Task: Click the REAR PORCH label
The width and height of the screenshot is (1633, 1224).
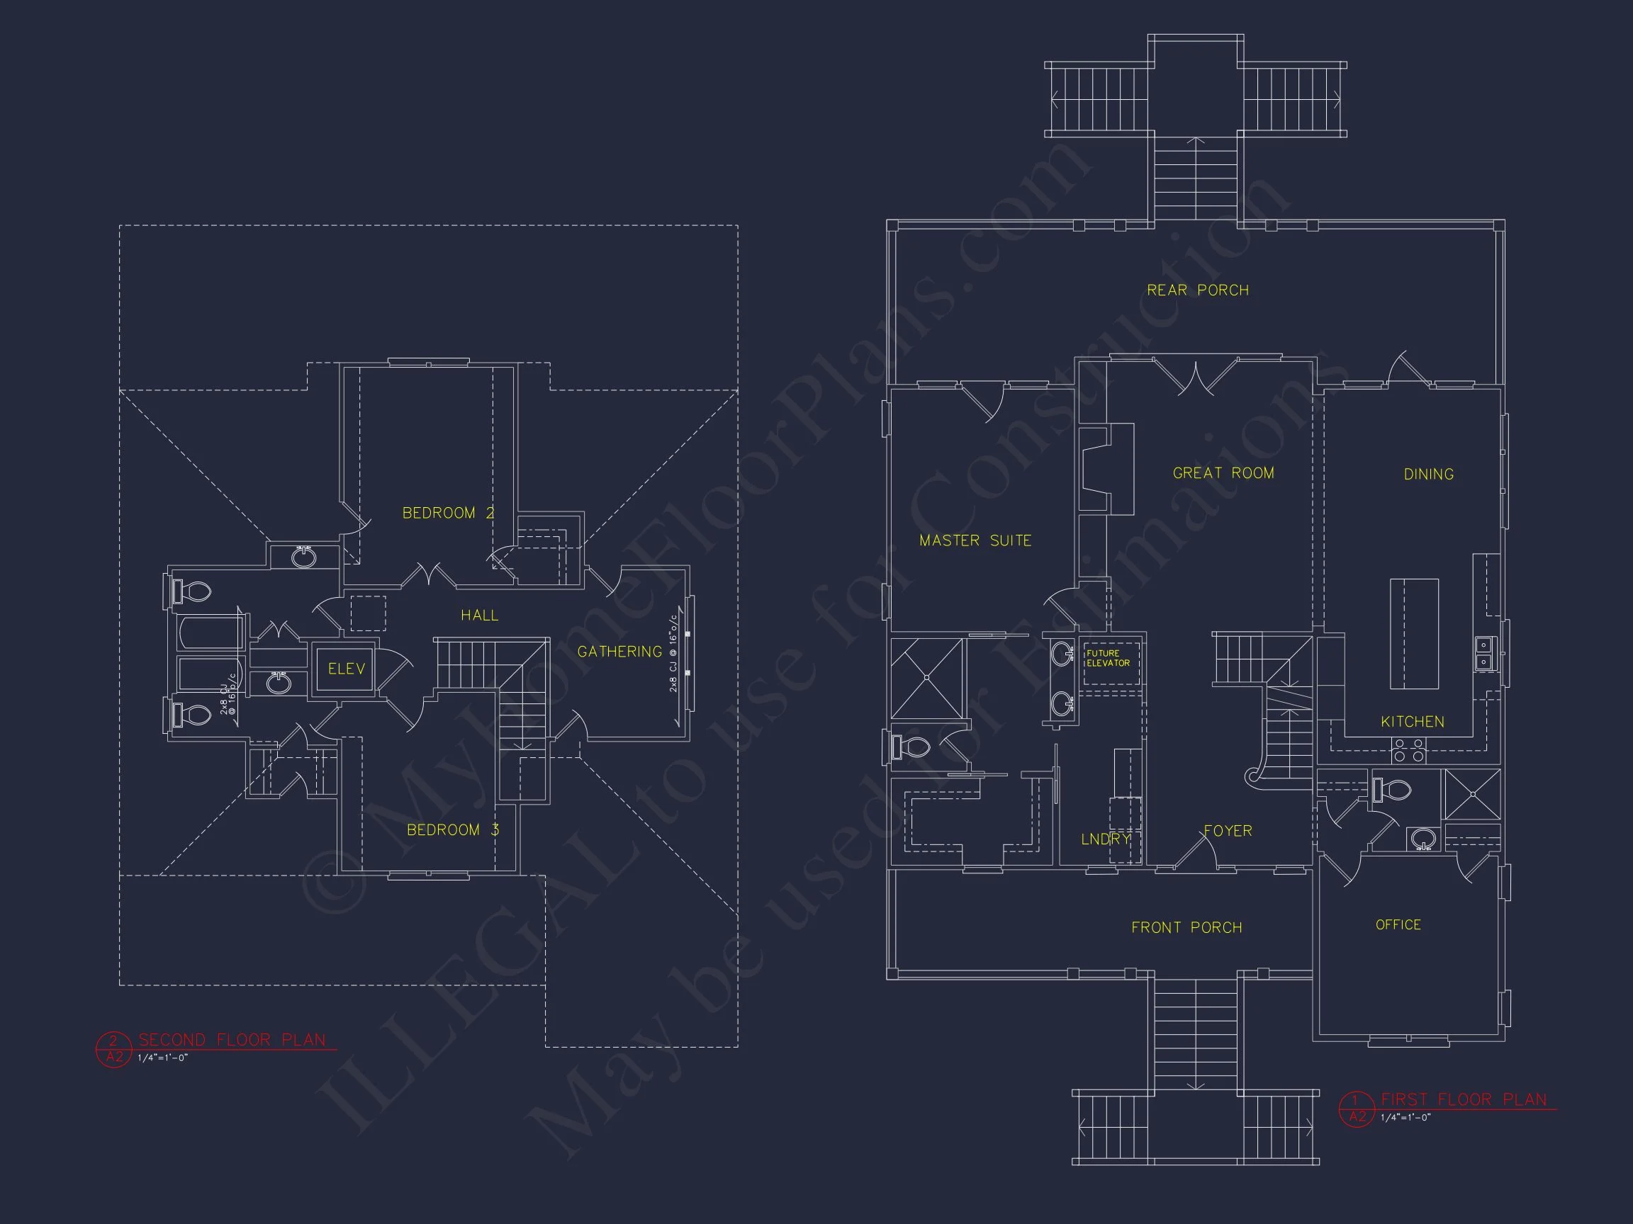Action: click(x=1197, y=290)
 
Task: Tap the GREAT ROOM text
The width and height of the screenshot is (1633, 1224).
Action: click(x=1223, y=473)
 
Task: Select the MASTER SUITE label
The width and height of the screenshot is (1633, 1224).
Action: click(x=975, y=540)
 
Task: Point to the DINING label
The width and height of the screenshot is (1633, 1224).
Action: click(x=1428, y=475)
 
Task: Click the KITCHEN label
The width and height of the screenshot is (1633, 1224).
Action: click(x=1413, y=722)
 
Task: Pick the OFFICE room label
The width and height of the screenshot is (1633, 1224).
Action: click(x=1398, y=924)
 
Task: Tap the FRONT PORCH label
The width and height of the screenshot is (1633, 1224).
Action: click(x=1186, y=927)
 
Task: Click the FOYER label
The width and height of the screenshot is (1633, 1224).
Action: click(x=1228, y=831)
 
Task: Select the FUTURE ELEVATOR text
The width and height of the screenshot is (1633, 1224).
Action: click(x=1107, y=658)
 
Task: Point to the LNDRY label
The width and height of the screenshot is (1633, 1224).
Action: click(x=1105, y=839)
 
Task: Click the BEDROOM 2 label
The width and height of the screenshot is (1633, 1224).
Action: click(x=448, y=513)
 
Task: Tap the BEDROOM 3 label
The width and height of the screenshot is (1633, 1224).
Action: click(x=452, y=830)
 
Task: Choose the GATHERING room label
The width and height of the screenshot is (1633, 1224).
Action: click(x=619, y=652)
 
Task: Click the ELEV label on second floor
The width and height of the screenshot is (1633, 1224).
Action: click(x=347, y=669)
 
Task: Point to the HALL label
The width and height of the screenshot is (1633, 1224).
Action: click(x=479, y=616)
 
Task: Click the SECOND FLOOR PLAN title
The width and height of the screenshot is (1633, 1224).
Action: click(x=232, y=1041)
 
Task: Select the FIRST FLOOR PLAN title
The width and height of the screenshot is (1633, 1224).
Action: click(x=1463, y=1100)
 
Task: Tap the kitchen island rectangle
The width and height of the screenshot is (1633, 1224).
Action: click(x=1414, y=634)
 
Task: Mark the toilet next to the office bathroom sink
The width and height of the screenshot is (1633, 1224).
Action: click(x=1391, y=790)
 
